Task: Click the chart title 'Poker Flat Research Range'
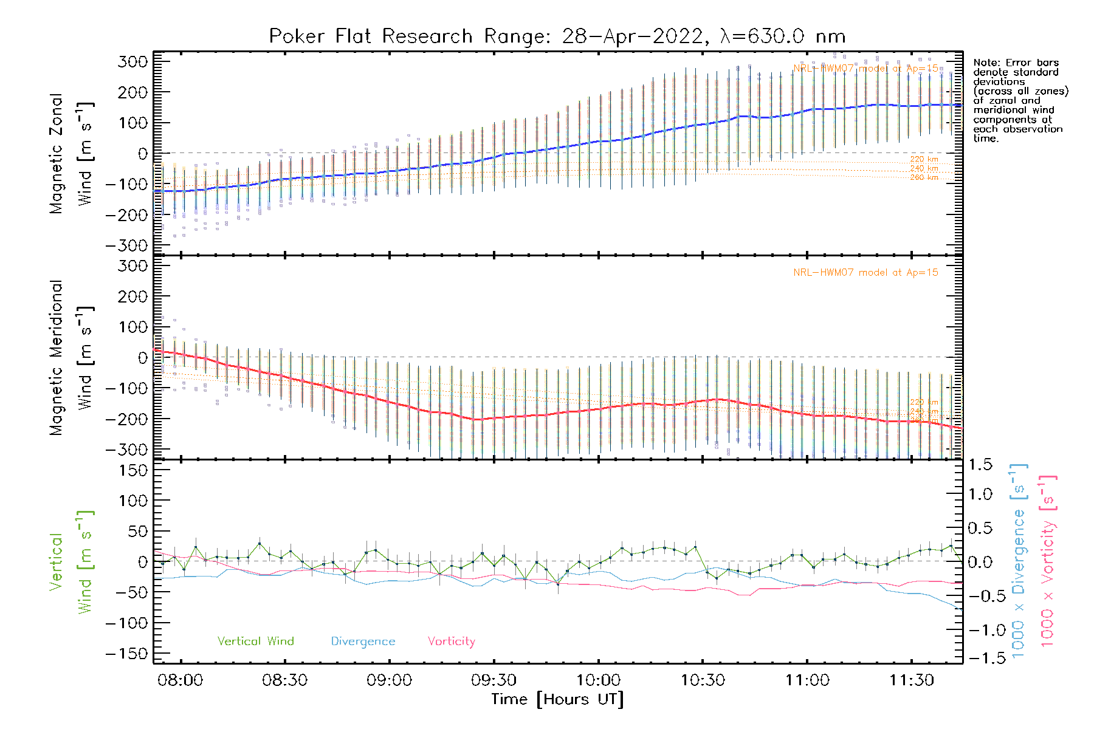click(371, 36)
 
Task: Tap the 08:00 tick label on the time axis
click(181, 680)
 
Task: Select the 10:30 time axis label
click(703, 680)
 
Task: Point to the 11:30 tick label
click(912, 680)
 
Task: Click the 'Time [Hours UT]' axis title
click(557, 699)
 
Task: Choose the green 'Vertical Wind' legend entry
click(255, 641)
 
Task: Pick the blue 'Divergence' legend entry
click(363, 641)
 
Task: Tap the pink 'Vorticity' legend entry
click(451, 641)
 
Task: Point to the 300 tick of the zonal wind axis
click(132, 61)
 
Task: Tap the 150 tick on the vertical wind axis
click(132, 470)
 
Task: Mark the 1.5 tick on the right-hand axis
click(980, 465)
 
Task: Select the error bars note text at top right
click(1020, 100)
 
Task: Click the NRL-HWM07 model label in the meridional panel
click(865, 273)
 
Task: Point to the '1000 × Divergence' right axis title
click(1019, 560)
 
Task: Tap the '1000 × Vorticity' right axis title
click(1048, 560)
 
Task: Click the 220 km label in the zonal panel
click(924, 159)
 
